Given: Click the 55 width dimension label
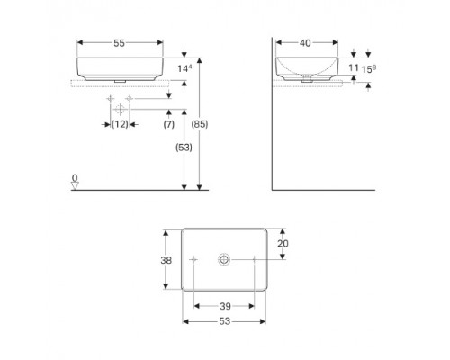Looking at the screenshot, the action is click(119, 43).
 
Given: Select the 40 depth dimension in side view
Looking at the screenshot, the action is click(305, 43).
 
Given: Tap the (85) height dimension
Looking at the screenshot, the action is click(200, 124).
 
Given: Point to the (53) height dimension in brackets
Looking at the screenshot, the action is click(184, 148).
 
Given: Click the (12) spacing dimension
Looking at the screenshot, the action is click(120, 124).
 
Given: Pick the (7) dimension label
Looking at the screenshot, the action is click(169, 124).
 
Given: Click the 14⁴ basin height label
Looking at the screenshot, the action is click(184, 68).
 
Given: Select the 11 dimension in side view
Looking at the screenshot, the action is click(354, 68).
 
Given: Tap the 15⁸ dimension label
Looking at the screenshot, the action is click(369, 69).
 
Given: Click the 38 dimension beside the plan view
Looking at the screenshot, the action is click(166, 260).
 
